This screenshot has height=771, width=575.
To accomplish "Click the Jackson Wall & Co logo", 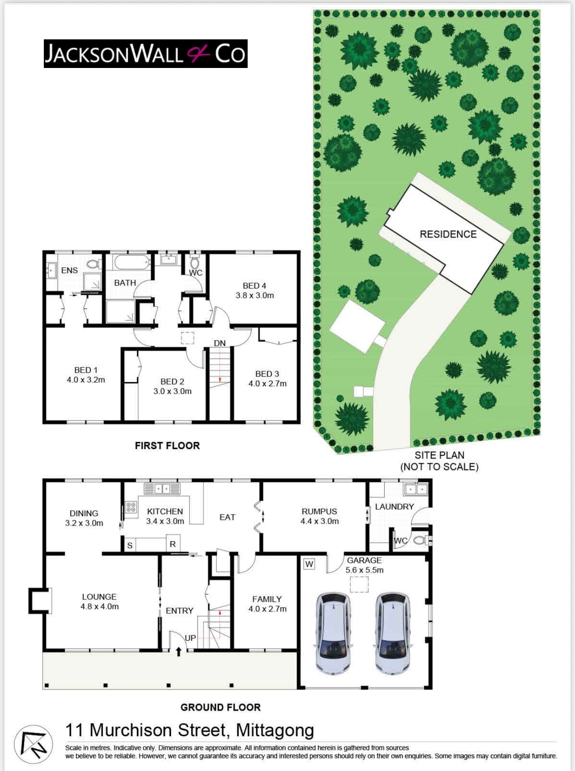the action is tap(146, 54).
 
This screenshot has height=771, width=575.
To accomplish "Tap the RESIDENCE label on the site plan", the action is tap(448, 234).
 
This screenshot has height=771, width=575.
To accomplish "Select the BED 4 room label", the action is tap(254, 285).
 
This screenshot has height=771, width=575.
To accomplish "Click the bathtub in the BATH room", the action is tap(131, 262).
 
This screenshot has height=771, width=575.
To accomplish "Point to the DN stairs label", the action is tap(219, 343).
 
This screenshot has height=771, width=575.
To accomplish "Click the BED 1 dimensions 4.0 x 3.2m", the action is tap(86, 380).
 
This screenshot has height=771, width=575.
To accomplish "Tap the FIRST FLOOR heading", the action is tap(167, 445).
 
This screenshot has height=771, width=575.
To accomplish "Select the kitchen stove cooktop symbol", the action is tap(131, 507).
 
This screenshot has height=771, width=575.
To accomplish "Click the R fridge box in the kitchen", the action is tap(173, 544).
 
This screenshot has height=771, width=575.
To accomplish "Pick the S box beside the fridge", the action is tap(130, 545).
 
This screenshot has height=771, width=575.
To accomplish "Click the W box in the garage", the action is tap(309, 564).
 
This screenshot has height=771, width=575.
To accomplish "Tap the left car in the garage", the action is tap(333, 633).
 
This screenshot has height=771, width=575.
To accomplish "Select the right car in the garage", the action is tap(393, 633).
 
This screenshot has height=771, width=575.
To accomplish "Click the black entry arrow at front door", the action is tap(178, 652).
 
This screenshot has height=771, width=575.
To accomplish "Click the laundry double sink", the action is tap(416, 489).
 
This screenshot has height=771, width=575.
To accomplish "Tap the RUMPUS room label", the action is tap(319, 511).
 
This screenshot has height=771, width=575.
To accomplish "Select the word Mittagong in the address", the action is tap(275, 731).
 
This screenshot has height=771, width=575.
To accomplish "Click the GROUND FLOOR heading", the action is tap(221, 707).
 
